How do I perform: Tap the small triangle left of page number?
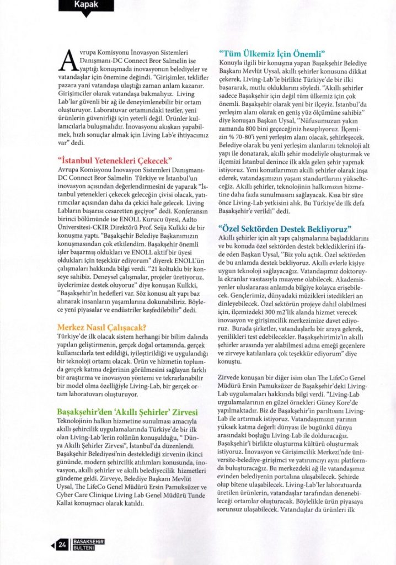[x=53, y=546]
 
